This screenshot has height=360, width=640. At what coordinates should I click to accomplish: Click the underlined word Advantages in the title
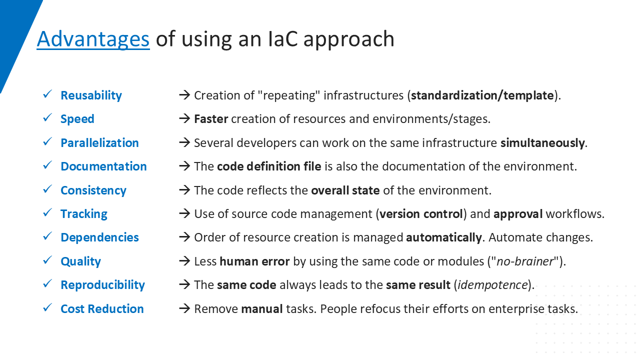[x=93, y=39]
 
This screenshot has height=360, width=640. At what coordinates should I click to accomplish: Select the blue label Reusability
[x=91, y=95]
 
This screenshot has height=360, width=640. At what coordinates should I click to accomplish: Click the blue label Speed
[x=77, y=119]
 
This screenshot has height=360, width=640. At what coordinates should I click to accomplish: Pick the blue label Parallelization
[x=99, y=142]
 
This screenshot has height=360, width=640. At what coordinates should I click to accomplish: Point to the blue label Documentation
[x=103, y=166]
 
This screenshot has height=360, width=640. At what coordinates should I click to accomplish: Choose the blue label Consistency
[x=93, y=190]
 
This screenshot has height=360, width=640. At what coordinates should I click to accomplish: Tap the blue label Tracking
[x=84, y=214]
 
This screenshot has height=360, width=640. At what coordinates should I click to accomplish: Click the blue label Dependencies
[x=99, y=237]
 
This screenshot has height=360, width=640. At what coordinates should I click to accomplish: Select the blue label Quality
[x=81, y=261]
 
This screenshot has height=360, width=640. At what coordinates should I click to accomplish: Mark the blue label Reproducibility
[x=103, y=285]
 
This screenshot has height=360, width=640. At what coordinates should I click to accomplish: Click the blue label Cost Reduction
[x=102, y=309]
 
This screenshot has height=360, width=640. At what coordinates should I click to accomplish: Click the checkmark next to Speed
[x=47, y=117]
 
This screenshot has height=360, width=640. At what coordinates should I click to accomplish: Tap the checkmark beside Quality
[x=47, y=259]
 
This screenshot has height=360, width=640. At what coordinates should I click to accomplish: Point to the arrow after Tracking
[x=184, y=213]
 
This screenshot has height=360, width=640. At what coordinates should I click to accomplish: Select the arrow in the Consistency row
[x=184, y=189]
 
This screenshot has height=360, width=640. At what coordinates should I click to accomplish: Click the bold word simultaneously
[x=542, y=143]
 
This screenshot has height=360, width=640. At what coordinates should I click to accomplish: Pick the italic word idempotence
[x=493, y=285]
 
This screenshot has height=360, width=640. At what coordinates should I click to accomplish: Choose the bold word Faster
[x=211, y=119]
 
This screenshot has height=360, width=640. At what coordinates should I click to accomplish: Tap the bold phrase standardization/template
[x=482, y=95]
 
